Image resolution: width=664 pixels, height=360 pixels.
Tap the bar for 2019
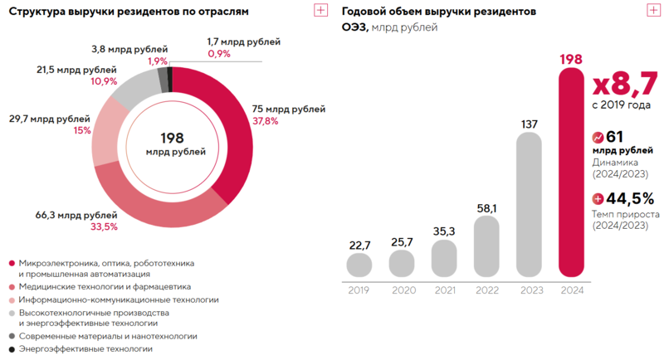pyautogui.click(x=359, y=265)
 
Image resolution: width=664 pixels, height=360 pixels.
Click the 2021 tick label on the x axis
pyautogui.click(x=444, y=290)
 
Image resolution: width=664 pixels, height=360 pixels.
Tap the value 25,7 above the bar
pyautogui.click(x=401, y=241)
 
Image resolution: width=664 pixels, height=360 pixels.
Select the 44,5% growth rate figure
pyautogui.click(x=630, y=198)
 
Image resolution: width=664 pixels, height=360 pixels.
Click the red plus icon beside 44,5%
pyautogui.click(x=598, y=199)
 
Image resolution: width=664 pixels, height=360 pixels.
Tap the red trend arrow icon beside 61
pyautogui.click(x=598, y=138)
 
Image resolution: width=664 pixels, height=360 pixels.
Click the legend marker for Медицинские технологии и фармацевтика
pyautogui.click(x=11, y=287)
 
